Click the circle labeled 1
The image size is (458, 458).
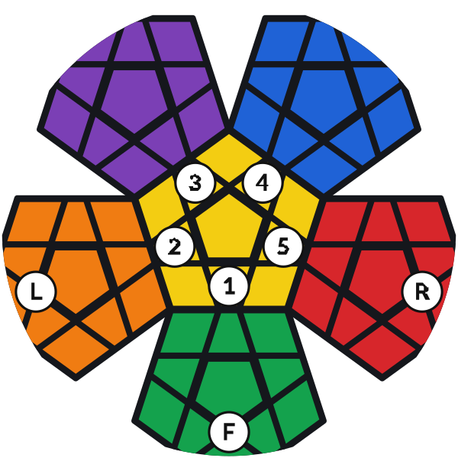pos(229,285)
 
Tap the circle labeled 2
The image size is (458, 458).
pos(175,247)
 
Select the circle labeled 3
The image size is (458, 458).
pos(195,183)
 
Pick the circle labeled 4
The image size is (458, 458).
pos(263,183)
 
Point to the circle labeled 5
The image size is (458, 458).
pos(283,247)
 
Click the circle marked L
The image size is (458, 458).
pos(36,292)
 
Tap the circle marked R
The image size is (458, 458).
pos(422,292)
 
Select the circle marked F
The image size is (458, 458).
pos(229,431)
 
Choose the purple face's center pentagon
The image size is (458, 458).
pos(135,99)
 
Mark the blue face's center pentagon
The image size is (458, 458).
pos(324,99)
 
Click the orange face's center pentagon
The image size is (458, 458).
pos(76,280)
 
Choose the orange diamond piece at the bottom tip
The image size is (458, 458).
pos(76,350)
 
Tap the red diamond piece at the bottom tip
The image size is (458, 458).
pos(382,350)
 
